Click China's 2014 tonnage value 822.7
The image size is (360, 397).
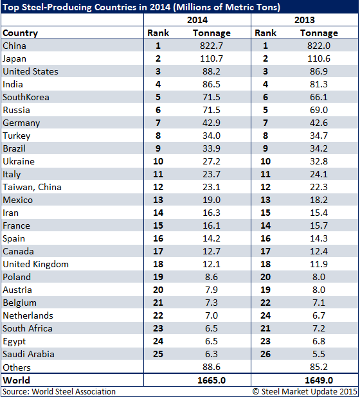click(x=212, y=46)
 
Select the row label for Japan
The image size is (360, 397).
click(x=14, y=58)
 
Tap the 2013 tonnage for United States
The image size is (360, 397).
click(x=318, y=71)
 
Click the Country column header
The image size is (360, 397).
click(x=21, y=33)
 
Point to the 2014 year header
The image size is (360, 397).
click(x=197, y=20)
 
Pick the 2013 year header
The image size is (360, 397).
click(x=304, y=20)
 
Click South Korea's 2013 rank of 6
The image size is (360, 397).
click(x=265, y=97)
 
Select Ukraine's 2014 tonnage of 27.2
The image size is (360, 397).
click(x=212, y=161)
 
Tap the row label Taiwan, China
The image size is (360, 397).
click(x=32, y=187)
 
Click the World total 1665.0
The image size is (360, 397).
click(x=212, y=380)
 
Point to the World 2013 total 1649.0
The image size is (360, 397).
click(x=318, y=380)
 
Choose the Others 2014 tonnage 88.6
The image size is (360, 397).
click(x=212, y=367)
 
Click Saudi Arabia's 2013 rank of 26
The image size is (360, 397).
click(x=265, y=354)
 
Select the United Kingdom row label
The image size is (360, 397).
click(x=36, y=264)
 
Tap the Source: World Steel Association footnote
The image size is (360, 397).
click(x=59, y=391)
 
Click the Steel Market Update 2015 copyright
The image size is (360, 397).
click(x=305, y=391)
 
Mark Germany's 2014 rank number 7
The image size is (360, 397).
click(x=158, y=123)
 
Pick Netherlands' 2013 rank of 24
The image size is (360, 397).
click(x=265, y=315)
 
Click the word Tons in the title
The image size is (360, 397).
click(x=269, y=7)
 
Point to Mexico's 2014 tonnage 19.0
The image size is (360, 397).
click(x=212, y=200)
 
